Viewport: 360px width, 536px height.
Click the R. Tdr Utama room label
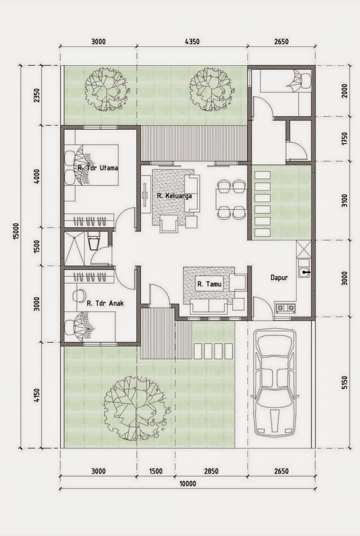(x=98, y=168)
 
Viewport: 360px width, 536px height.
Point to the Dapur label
(x=279, y=278)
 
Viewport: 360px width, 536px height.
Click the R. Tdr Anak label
(x=105, y=304)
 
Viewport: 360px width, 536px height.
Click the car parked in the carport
(x=274, y=383)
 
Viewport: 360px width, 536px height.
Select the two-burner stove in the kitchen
(x=286, y=308)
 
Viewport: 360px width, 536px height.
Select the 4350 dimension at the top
(x=192, y=42)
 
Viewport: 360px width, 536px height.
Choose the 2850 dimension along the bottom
(x=211, y=472)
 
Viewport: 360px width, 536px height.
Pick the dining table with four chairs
(x=231, y=199)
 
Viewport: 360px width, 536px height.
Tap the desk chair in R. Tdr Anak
(x=80, y=295)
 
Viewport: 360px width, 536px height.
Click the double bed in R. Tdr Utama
(x=91, y=165)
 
